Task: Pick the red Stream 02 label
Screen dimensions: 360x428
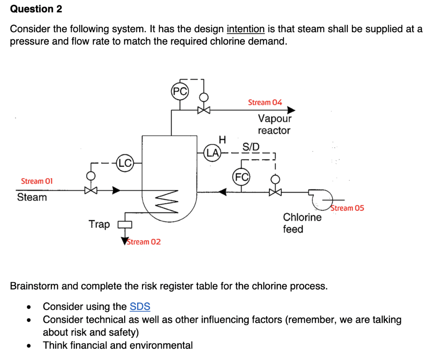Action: point(143,242)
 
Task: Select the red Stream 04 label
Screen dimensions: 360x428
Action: point(265,102)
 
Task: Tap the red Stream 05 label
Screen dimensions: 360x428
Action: point(347,208)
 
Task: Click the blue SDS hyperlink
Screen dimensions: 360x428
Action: point(140,307)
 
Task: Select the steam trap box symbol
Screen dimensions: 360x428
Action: point(125,225)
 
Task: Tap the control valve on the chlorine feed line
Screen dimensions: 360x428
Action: point(275,192)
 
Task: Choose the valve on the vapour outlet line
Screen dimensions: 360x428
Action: point(203,110)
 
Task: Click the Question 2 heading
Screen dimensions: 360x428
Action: point(36,9)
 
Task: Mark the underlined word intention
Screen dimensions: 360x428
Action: point(245,29)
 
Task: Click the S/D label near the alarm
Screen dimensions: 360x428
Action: point(251,147)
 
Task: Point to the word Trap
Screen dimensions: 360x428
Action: point(99,224)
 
